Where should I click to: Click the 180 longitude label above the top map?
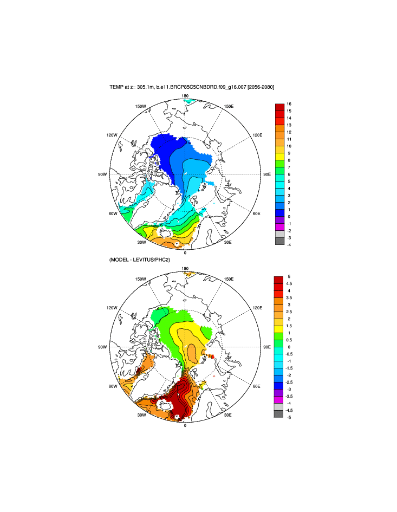185,96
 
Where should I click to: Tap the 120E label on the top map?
257,135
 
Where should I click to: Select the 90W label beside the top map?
101,174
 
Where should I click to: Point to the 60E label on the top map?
257,213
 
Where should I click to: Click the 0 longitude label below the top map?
185,253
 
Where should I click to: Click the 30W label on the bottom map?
141,415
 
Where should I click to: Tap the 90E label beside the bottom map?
266,347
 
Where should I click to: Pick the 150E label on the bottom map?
229,279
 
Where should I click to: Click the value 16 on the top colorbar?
289,104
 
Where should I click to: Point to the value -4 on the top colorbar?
289,244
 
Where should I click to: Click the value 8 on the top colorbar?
289,160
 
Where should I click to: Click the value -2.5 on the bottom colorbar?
291,382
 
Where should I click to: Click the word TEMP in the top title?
116,87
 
